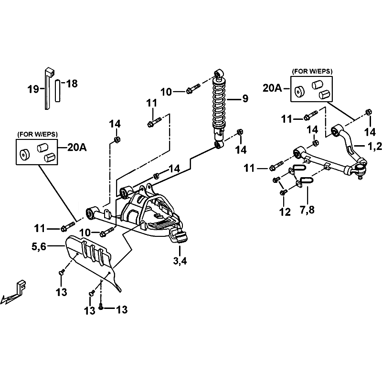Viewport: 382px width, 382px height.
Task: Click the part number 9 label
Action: point(245,99)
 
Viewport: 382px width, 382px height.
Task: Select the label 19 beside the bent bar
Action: point(33,88)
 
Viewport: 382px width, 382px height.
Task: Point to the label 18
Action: point(71,84)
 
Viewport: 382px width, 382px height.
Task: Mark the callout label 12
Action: point(285,212)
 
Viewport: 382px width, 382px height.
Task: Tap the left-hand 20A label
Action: point(77,148)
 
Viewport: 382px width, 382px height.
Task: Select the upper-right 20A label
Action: point(272,88)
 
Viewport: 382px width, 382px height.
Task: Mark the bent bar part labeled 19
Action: point(48,88)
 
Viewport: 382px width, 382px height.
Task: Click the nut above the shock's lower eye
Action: point(241,131)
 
